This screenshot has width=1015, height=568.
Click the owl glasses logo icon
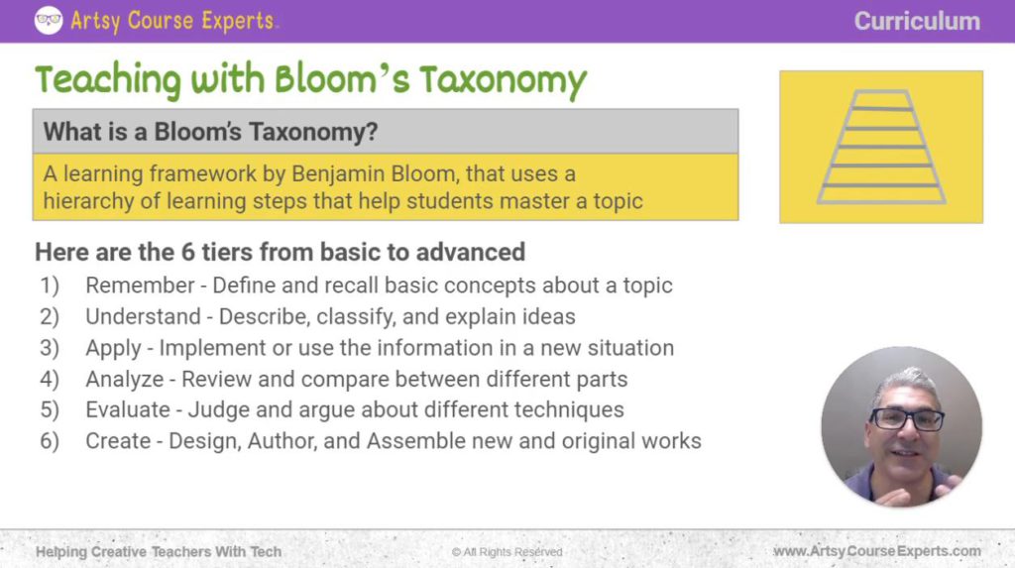(49, 20)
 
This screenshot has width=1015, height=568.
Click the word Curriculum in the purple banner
(917, 21)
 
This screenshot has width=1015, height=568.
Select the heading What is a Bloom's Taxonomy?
(211, 132)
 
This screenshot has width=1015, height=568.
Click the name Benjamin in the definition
(333, 174)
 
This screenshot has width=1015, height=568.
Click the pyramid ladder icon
(881, 147)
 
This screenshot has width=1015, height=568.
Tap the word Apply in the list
(113, 348)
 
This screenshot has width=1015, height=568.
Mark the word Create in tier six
(117, 441)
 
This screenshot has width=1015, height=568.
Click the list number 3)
(51, 348)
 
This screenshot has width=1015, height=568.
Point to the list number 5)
(51, 409)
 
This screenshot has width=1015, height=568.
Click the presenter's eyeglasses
(906, 418)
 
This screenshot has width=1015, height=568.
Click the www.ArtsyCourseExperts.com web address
(876, 551)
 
